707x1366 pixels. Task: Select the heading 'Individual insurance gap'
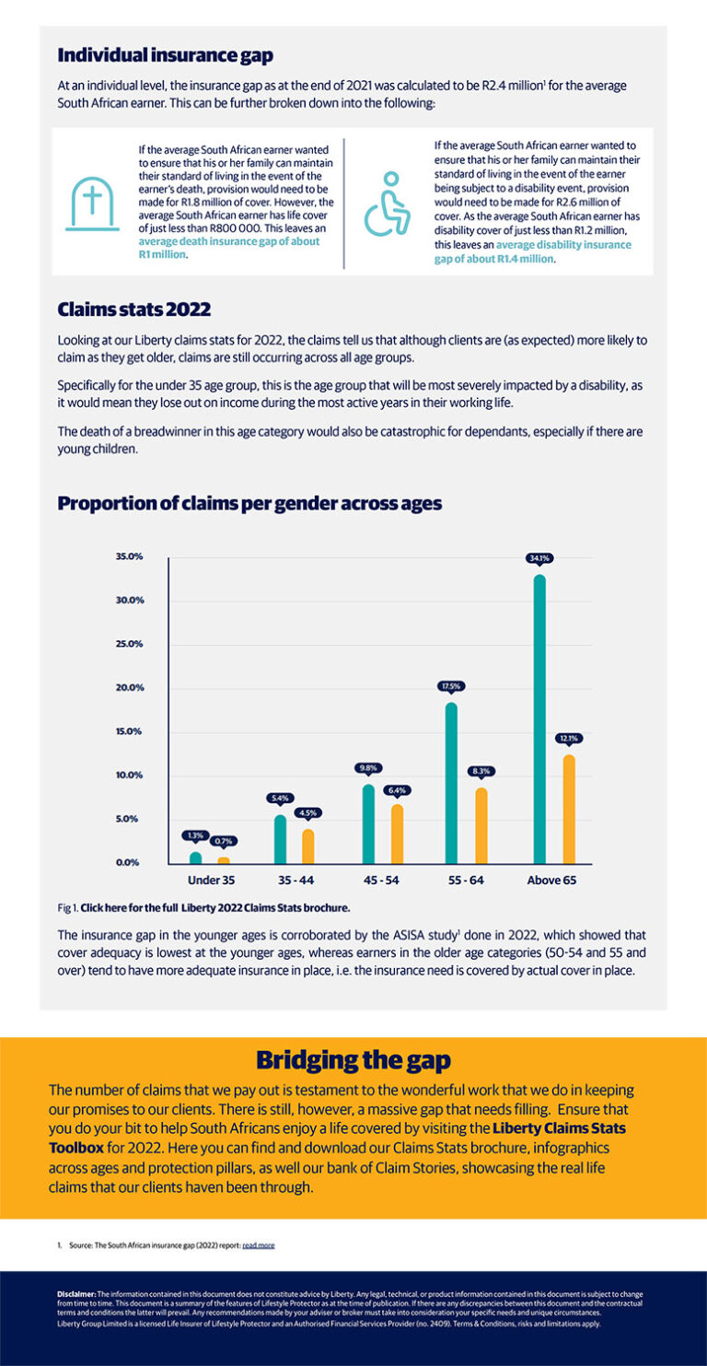point(165,55)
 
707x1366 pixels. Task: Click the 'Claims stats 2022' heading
point(134,309)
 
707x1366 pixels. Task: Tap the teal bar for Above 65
point(539,718)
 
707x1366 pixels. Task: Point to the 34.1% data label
point(539,558)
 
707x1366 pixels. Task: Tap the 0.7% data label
point(224,841)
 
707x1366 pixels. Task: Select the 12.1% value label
point(568,739)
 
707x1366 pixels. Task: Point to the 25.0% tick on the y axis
point(129,644)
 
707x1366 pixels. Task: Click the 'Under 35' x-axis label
point(210,881)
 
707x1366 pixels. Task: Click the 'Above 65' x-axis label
point(551,881)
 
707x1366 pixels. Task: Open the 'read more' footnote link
point(258,1245)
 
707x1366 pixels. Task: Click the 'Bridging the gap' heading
point(353,1059)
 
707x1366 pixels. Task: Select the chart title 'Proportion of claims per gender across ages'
point(249,504)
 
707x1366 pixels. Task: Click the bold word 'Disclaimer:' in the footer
point(76,1294)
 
